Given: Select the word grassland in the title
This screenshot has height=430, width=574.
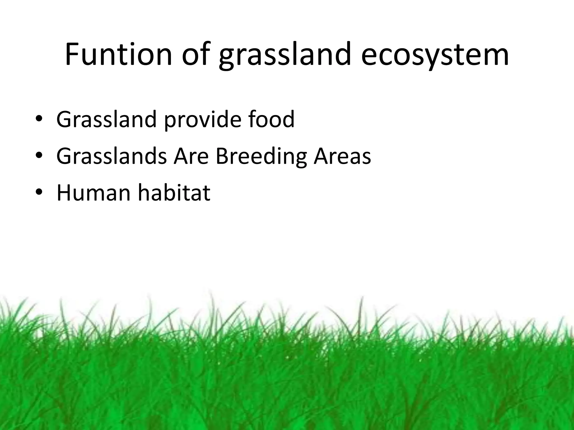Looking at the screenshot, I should coord(285,56).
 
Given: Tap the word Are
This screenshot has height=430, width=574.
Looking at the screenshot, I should coord(191,156).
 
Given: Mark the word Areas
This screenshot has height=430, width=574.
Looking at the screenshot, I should coord(342,156).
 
